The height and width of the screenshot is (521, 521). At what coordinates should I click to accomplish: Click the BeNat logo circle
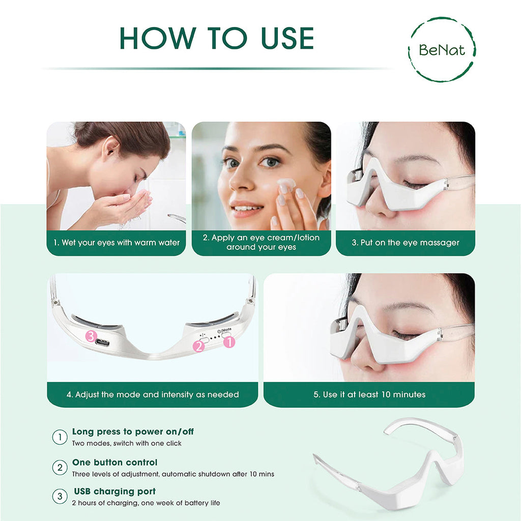pyautogui.click(x=442, y=49)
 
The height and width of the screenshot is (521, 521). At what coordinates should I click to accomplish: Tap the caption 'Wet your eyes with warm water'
pyautogui.click(x=116, y=243)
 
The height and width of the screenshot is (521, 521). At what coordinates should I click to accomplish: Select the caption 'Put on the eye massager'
pyautogui.click(x=406, y=243)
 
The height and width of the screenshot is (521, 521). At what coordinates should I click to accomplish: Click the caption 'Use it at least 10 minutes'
pyautogui.click(x=369, y=394)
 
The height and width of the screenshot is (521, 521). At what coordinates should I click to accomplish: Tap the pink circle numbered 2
pyautogui.click(x=199, y=346)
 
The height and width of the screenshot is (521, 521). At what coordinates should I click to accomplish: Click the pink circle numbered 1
pyautogui.click(x=229, y=342)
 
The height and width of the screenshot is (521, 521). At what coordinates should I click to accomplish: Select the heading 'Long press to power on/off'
pyautogui.click(x=133, y=431)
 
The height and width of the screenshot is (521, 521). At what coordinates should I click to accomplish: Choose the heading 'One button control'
pyautogui.click(x=114, y=462)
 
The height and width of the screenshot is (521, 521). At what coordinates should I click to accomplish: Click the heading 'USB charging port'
pyautogui.click(x=114, y=491)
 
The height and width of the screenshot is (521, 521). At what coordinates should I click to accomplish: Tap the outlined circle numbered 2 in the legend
pyautogui.click(x=60, y=467)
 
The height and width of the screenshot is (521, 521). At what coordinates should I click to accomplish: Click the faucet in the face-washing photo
pyautogui.click(x=176, y=218)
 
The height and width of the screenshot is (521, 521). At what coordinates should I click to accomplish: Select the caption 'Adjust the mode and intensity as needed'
pyautogui.click(x=153, y=394)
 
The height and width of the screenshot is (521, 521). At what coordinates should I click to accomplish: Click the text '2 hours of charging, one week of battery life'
pyautogui.click(x=146, y=503)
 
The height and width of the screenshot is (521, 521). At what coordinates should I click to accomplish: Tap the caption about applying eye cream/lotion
pyautogui.click(x=262, y=243)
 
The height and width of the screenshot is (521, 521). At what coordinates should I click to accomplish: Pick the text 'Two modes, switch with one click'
pyautogui.click(x=127, y=443)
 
